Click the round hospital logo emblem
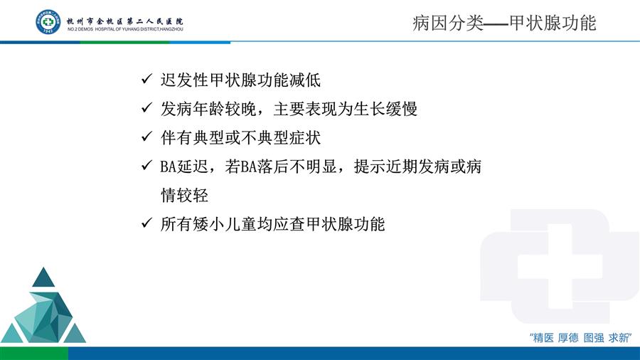pyautogui.click(x=48, y=21)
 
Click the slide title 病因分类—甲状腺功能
pyautogui.click(x=504, y=23)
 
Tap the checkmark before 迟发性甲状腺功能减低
pyautogui.click(x=146, y=79)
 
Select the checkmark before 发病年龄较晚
pyautogui.click(x=146, y=107)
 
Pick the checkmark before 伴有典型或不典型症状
pyautogui.click(x=146, y=137)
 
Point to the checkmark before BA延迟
pyautogui.click(x=146, y=165)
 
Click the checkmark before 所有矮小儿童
pyautogui.click(x=146, y=223)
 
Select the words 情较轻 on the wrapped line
pyautogui.click(x=184, y=195)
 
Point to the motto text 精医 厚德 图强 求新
pyautogui.click(x=580, y=337)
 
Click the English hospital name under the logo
pyautogui.click(x=125, y=29)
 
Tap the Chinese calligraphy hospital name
pyautogui.click(x=125, y=21)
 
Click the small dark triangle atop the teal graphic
pyautogui.click(x=43, y=277)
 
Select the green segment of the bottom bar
pyautogui.click(x=34, y=354)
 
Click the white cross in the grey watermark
pyautogui.click(x=560, y=266)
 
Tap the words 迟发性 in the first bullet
pyautogui.click(x=184, y=80)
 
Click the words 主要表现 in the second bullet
pyautogui.click(x=305, y=109)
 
